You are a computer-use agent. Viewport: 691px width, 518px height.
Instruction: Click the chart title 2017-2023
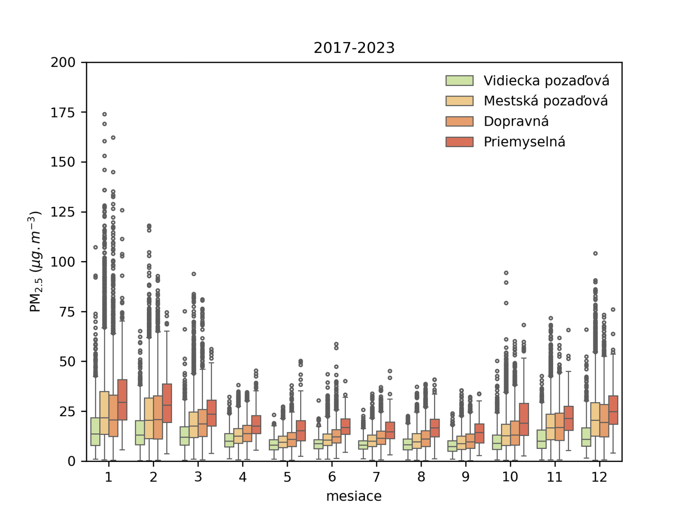click(x=354, y=47)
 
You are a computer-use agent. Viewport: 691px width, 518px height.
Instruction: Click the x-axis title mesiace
click(x=354, y=496)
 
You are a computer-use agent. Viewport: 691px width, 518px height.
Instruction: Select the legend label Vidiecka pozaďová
click(x=546, y=81)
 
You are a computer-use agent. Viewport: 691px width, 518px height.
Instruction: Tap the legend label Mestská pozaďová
click(x=545, y=101)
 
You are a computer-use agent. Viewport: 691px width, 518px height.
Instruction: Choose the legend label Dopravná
click(x=516, y=121)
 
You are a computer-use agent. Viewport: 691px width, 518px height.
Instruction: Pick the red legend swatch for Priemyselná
click(x=460, y=142)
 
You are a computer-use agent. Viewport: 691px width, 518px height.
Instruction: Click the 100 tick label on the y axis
click(x=63, y=262)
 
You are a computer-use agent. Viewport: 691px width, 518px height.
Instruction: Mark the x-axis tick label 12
click(x=599, y=477)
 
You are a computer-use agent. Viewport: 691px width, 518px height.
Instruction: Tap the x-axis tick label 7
click(x=376, y=477)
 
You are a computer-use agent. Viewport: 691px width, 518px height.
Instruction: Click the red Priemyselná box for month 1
click(x=122, y=399)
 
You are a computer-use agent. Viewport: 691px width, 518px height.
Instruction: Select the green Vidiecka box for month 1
click(x=95, y=432)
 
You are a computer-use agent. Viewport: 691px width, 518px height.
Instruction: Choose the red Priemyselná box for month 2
click(x=167, y=403)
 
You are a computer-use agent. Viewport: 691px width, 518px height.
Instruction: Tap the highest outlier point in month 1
click(x=105, y=114)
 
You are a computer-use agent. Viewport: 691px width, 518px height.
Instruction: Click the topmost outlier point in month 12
click(x=595, y=253)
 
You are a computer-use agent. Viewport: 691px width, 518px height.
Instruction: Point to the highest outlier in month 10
click(x=506, y=273)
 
